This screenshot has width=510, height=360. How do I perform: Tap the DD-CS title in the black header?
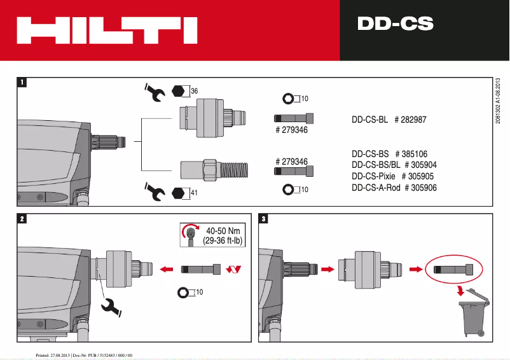(395, 24)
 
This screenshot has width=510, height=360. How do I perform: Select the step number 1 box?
(23, 82)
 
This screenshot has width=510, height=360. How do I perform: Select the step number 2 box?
(23, 219)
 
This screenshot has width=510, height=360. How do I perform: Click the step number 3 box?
(264, 219)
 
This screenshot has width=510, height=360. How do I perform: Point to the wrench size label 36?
(194, 91)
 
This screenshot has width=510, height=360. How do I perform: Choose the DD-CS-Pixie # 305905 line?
(393, 176)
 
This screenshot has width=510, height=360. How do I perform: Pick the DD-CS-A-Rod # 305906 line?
(394, 188)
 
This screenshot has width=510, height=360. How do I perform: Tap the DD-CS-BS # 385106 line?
(389, 153)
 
